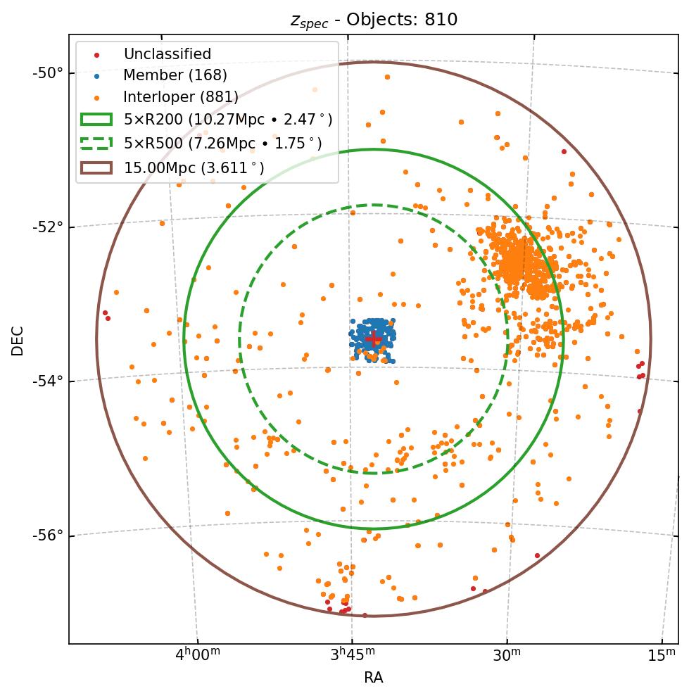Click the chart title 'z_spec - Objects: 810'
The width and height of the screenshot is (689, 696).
pyautogui.click(x=374, y=20)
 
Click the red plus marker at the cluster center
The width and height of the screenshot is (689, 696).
pyautogui.click(x=373, y=339)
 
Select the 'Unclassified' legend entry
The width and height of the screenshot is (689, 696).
pyautogui.click(x=167, y=54)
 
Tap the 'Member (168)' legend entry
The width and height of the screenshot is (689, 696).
pyautogui.click(x=175, y=75)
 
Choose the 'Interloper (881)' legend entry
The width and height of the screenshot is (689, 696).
pyautogui.click(x=180, y=96)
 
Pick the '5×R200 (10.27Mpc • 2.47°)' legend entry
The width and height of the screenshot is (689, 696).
pyautogui.click(x=227, y=120)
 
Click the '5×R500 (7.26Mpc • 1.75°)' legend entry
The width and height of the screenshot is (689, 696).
pyautogui.click(x=222, y=144)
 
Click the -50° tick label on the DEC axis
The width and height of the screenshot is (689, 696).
pyautogui.click(x=47, y=72)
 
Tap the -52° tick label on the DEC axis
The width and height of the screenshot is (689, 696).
pyautogui.click(x=47, y=227)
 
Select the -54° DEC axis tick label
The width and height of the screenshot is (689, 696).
pyautogui.click(x=47, y=381)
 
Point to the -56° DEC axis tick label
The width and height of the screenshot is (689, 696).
pyautogui.click(x=47, y=536)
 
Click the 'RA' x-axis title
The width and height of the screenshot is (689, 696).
pyautogui.click(x=373, y=678)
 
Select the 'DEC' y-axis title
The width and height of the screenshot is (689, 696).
pyautogui.click(x=18, y=340)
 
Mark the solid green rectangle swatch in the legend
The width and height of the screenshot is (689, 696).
pyautogui.click(x=96, y=120)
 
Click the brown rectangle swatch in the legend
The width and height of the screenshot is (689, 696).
pyautogui.click(x=96, y=167)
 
